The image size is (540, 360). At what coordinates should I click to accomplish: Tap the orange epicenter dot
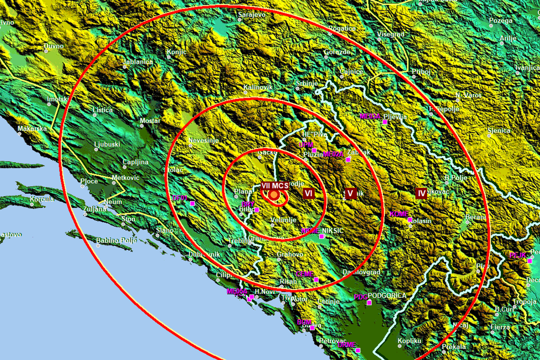coord(274,195)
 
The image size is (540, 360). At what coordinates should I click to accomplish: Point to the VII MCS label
coord(275,186)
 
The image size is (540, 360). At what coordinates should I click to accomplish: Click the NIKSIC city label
coord(332,231)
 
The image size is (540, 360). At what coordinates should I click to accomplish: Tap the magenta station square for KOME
coord(410,220)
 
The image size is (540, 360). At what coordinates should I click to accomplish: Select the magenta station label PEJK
coord(517,255)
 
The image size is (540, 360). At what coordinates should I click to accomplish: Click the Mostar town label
coord(150,120)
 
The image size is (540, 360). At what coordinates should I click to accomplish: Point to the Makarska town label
coord(32,129)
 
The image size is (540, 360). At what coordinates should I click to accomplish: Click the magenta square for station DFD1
coord(192,203)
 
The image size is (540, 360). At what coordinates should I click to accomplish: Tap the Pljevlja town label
coord(396,116)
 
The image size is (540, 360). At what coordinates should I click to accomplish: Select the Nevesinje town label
coord(203,141)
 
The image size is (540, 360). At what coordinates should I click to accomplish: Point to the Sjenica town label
coord(498,130)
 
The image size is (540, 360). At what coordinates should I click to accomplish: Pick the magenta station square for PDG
coord(369,303)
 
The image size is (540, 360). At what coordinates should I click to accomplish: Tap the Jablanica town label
coord(138,62)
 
